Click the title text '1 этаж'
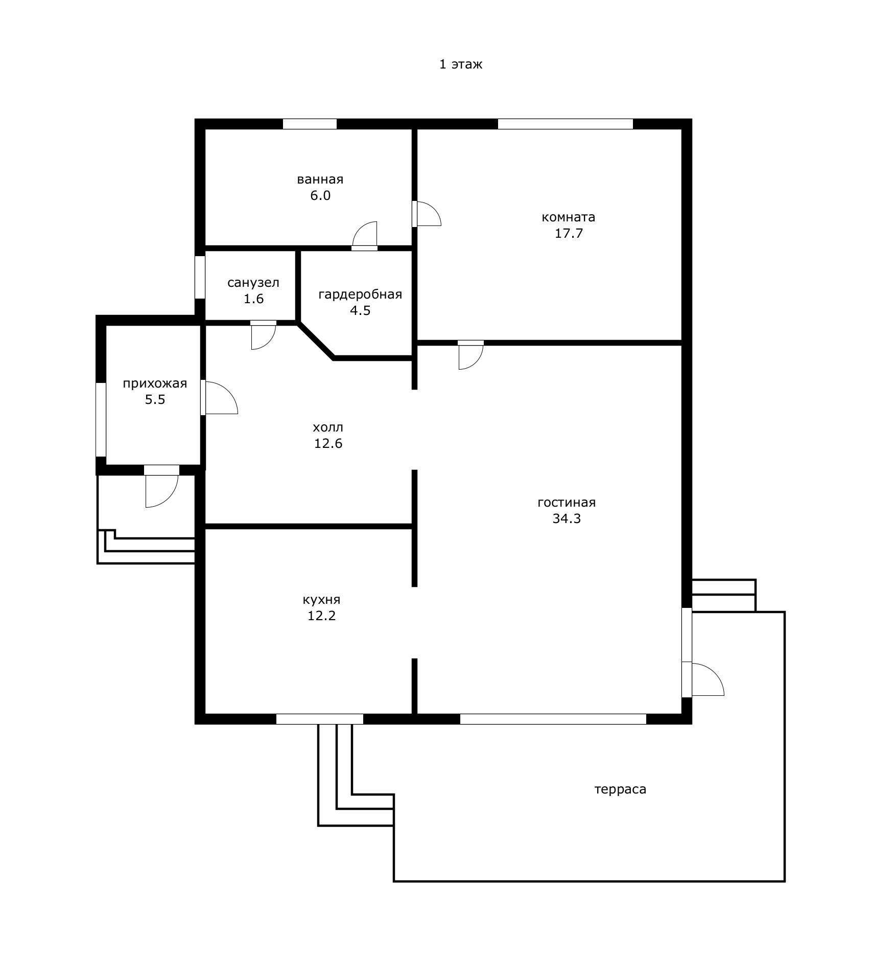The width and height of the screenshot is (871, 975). [x=461, y=64]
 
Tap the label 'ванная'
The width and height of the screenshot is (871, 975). [x=320, y=179]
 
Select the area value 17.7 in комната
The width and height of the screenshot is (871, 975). [x=569, y=234]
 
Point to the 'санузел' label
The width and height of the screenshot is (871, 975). [x=253, y=283]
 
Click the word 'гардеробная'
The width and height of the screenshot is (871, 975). [x=360, y=295]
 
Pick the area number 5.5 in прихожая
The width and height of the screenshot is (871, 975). [x=155, y=400]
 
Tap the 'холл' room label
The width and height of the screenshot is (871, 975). [x=328, y=427]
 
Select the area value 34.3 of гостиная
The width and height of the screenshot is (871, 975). [x=567, y=519]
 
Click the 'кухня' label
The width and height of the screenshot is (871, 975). [x=321, y=600]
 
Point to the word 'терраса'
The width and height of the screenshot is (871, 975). [x=620, y=789]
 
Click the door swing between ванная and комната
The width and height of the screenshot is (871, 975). [x=427, y=214]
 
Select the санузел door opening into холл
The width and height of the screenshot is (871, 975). [x=264, y=335]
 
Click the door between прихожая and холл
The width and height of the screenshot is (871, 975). [x=219, y=397]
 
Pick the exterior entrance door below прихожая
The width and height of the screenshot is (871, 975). [x=161, y=486]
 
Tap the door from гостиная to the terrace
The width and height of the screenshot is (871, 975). [x=703, y=679]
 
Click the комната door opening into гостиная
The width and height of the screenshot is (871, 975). [x=470, y=354]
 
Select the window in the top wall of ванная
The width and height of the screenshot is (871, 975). [x=310, y=124]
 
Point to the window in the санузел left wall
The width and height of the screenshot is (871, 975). [x=200, y=277]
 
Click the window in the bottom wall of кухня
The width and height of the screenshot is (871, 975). [x=320, y=719]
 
